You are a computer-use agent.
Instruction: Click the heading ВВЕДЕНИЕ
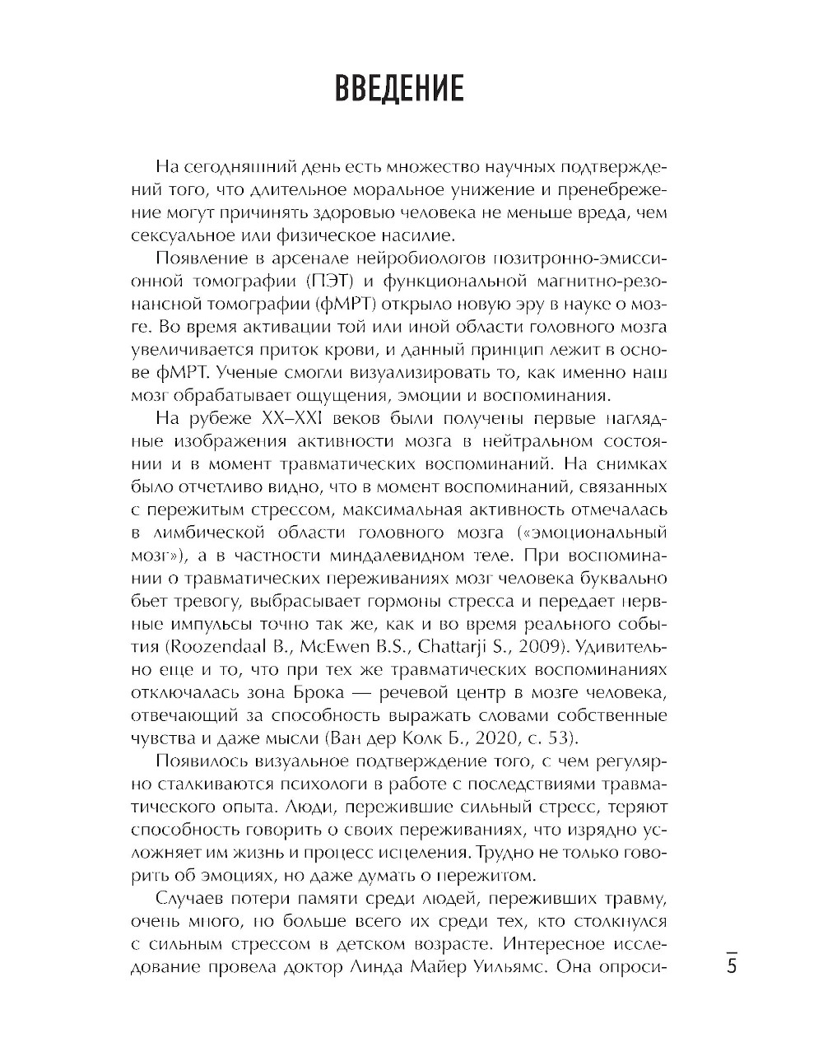click(x=399, y=88)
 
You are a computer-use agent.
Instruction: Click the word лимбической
click(x=202, y=532)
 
